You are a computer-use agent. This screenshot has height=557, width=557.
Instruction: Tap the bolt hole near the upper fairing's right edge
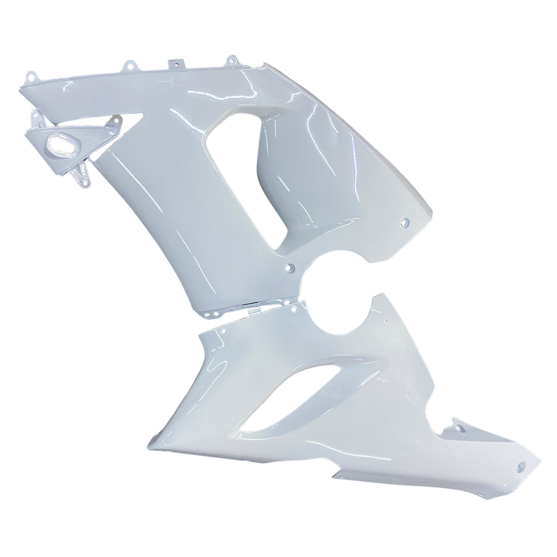(404, 223)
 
